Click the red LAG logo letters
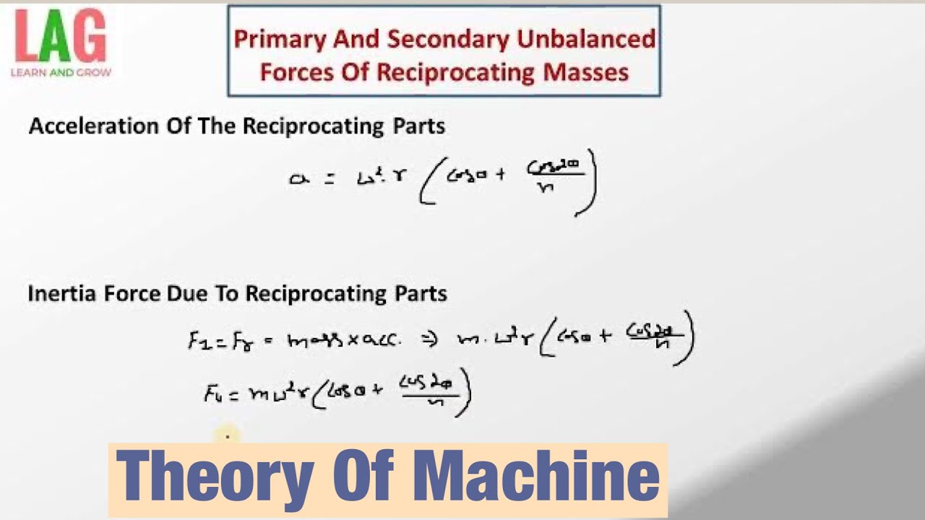pos(61,38)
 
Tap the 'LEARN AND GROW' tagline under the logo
pos(61,73)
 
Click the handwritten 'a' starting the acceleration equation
pos(297,179)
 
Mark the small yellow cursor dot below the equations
pos(227,435)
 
